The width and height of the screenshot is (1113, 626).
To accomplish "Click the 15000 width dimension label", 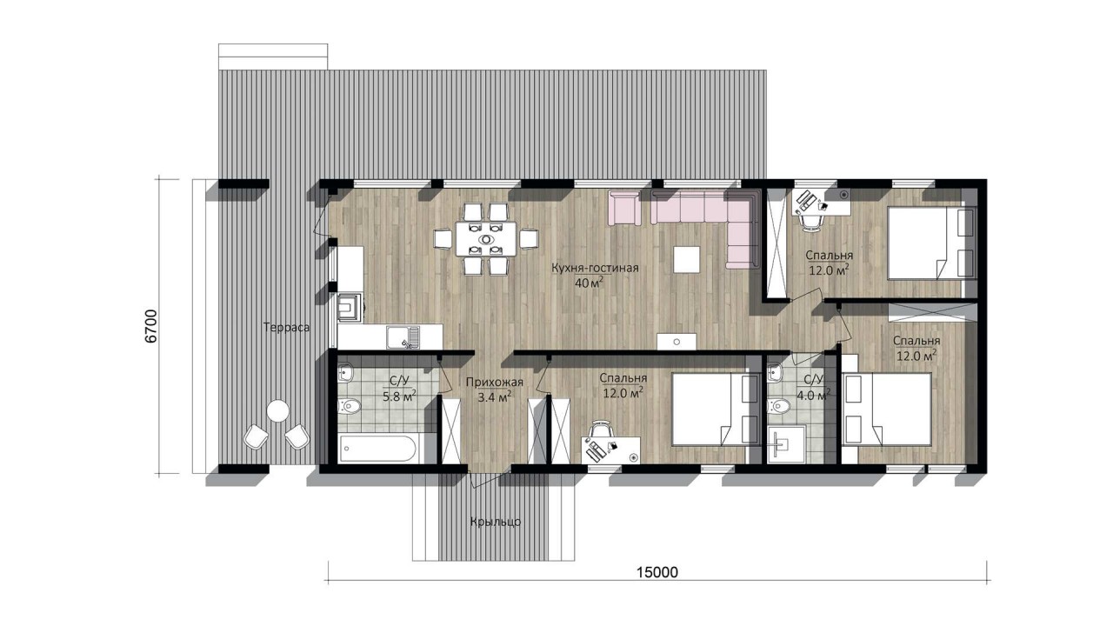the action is pos(657,572).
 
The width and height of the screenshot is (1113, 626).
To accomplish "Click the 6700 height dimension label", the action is pos(151,326).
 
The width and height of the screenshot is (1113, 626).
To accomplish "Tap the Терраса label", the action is pos(287,328).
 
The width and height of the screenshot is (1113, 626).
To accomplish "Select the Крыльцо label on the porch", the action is pos(496,523).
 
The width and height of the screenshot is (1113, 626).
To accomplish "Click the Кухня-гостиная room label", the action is pos(595,269).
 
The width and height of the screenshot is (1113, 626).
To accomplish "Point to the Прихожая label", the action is pos(495,382).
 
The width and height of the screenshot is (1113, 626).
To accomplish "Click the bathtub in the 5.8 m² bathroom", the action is pos(377,448).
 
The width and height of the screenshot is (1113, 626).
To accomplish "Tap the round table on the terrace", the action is pos(277,411).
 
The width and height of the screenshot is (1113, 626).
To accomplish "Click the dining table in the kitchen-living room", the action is pos(486,239).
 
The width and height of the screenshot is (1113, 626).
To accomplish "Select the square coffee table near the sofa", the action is pos(687,259).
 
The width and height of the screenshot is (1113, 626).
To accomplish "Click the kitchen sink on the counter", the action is pos(403,337).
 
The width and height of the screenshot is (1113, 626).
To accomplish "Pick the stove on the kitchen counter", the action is pos(350,304).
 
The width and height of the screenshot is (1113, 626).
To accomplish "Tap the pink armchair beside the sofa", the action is pos(624,210).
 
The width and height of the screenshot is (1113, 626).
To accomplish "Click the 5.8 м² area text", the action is pos(399,396).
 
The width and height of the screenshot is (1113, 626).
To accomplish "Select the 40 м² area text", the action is pos(590,283).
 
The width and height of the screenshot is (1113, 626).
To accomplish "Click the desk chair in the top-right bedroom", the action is pos(810,222).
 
